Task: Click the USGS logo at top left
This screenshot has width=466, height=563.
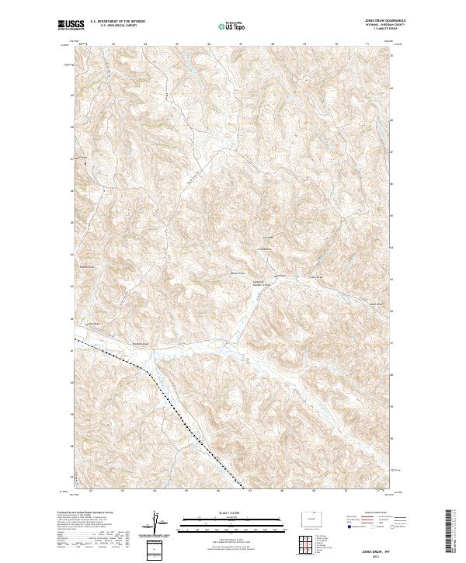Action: point(71,25)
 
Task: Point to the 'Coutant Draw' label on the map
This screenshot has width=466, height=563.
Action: point(265,248)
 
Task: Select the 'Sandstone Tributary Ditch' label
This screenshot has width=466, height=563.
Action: point(261,283)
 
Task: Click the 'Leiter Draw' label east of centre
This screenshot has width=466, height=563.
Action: point(316,277)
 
